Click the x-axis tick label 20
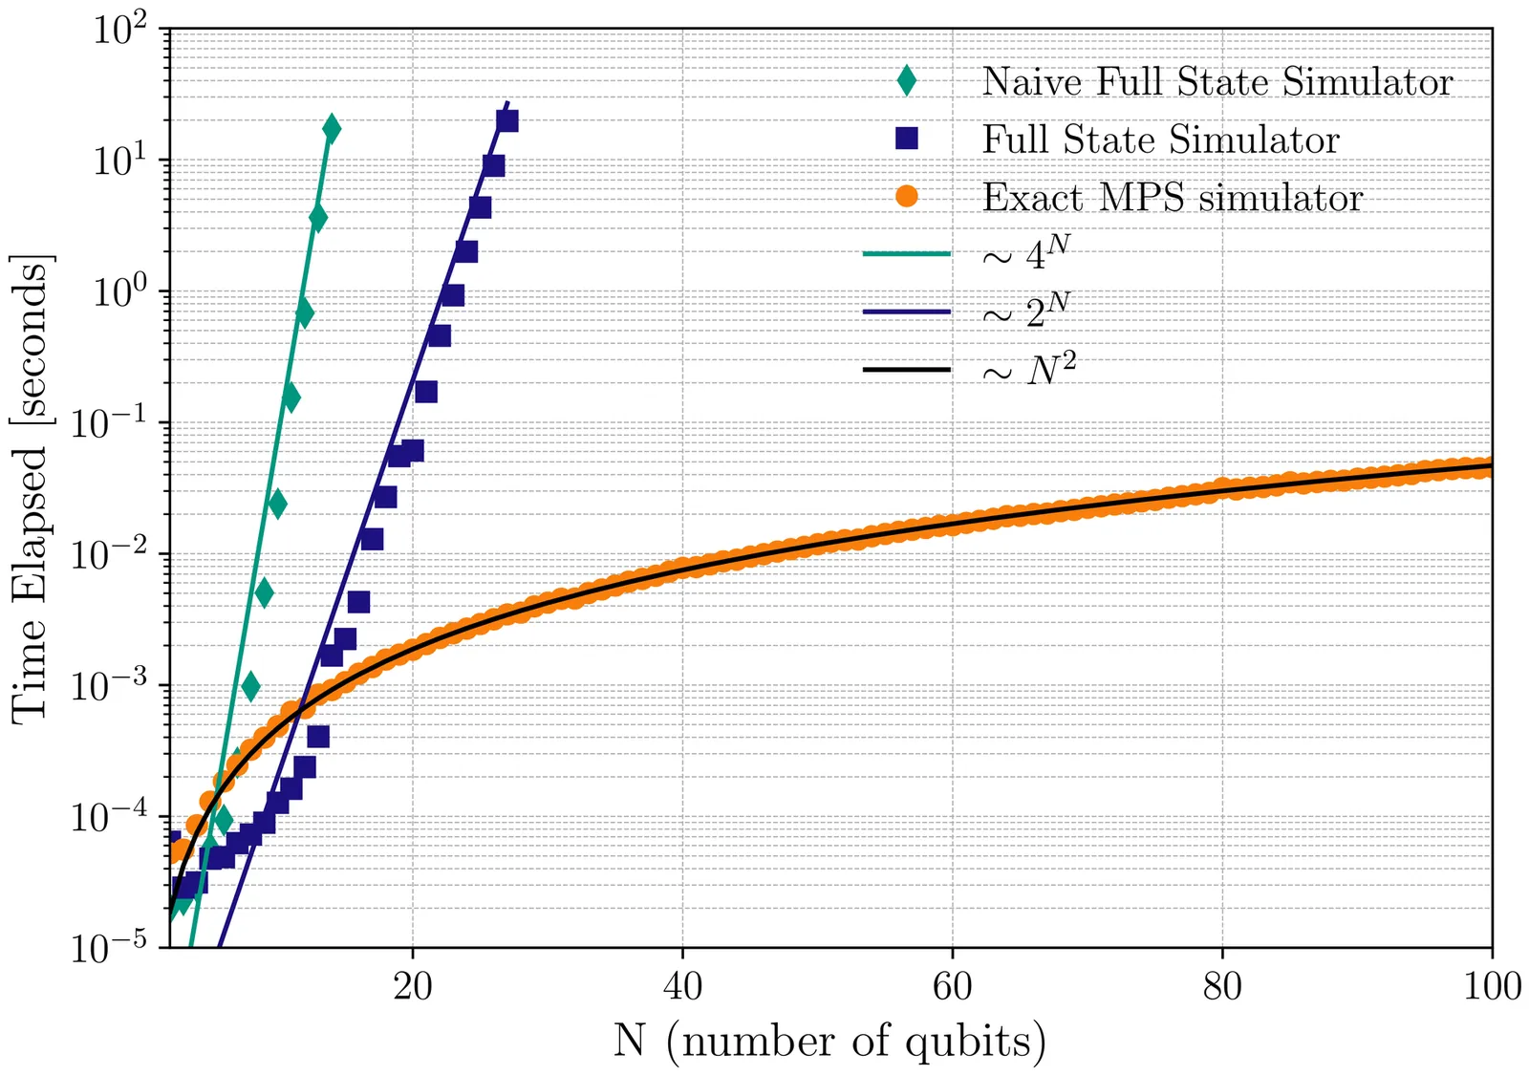click(412, 986)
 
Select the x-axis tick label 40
click(682, 986)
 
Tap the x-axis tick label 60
click(952, 986)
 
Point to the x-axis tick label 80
click(1222, 986)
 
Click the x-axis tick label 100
click(1492, 986)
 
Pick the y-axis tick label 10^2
click(119, 31)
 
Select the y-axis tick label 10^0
click(119, 292)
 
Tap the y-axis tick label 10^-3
click(108, 686)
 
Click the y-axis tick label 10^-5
click(108, 948)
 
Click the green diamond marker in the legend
click(906, 81)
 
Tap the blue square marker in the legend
click(906, 139)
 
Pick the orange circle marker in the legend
click(906, 197)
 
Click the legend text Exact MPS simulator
click(1173, 198)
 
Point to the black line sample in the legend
click(906, 369)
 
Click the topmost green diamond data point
click(332, 128)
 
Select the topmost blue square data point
click(507, 120)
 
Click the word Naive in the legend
click(1032, 82)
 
